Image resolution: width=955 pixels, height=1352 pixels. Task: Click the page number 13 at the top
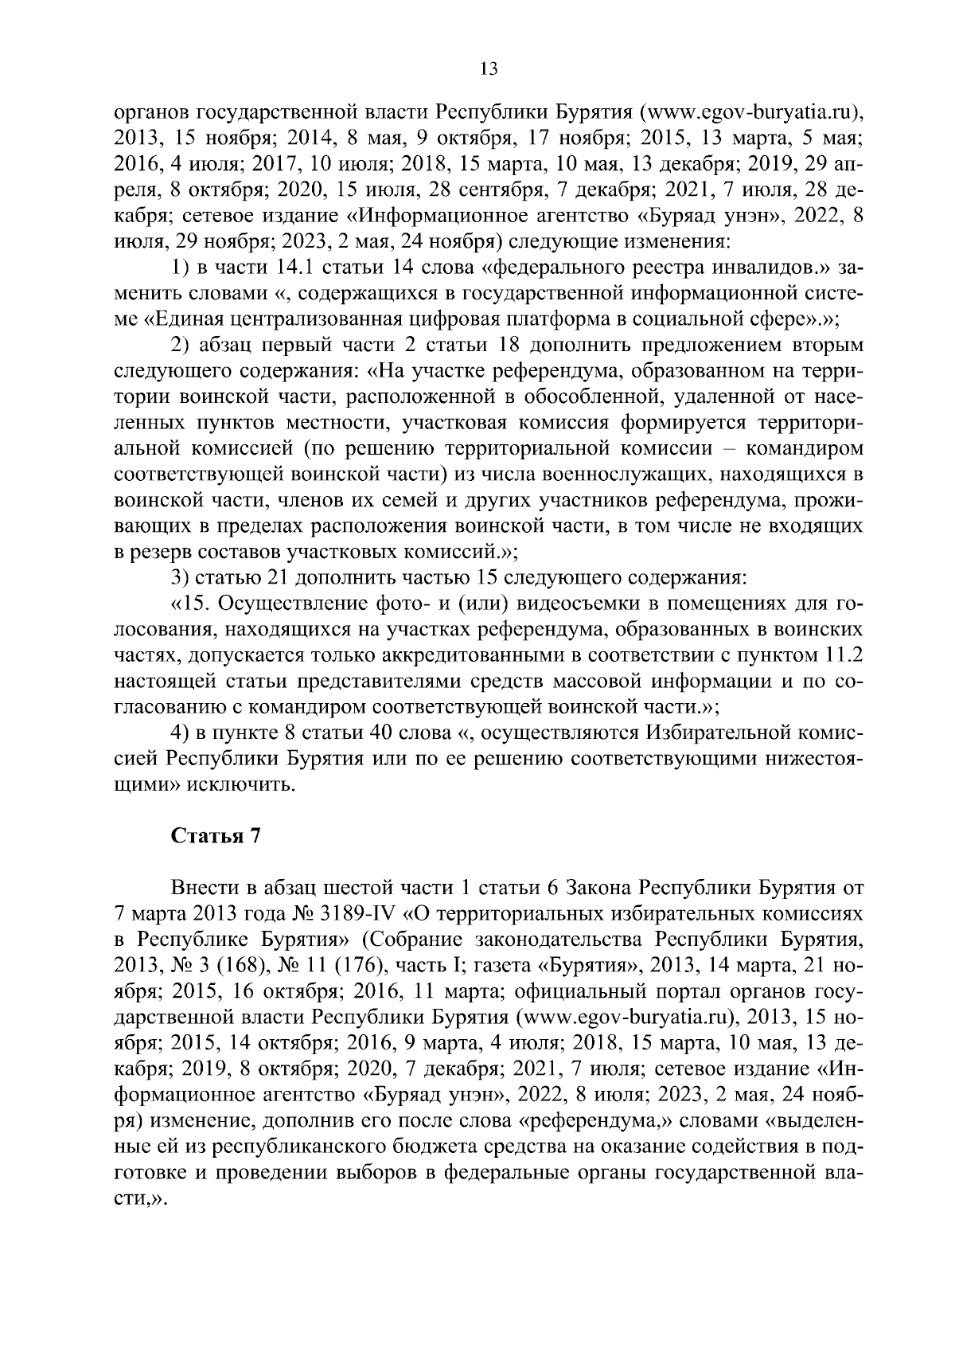pos(489,69)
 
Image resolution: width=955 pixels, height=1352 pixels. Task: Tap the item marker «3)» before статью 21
pos(180,576)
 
